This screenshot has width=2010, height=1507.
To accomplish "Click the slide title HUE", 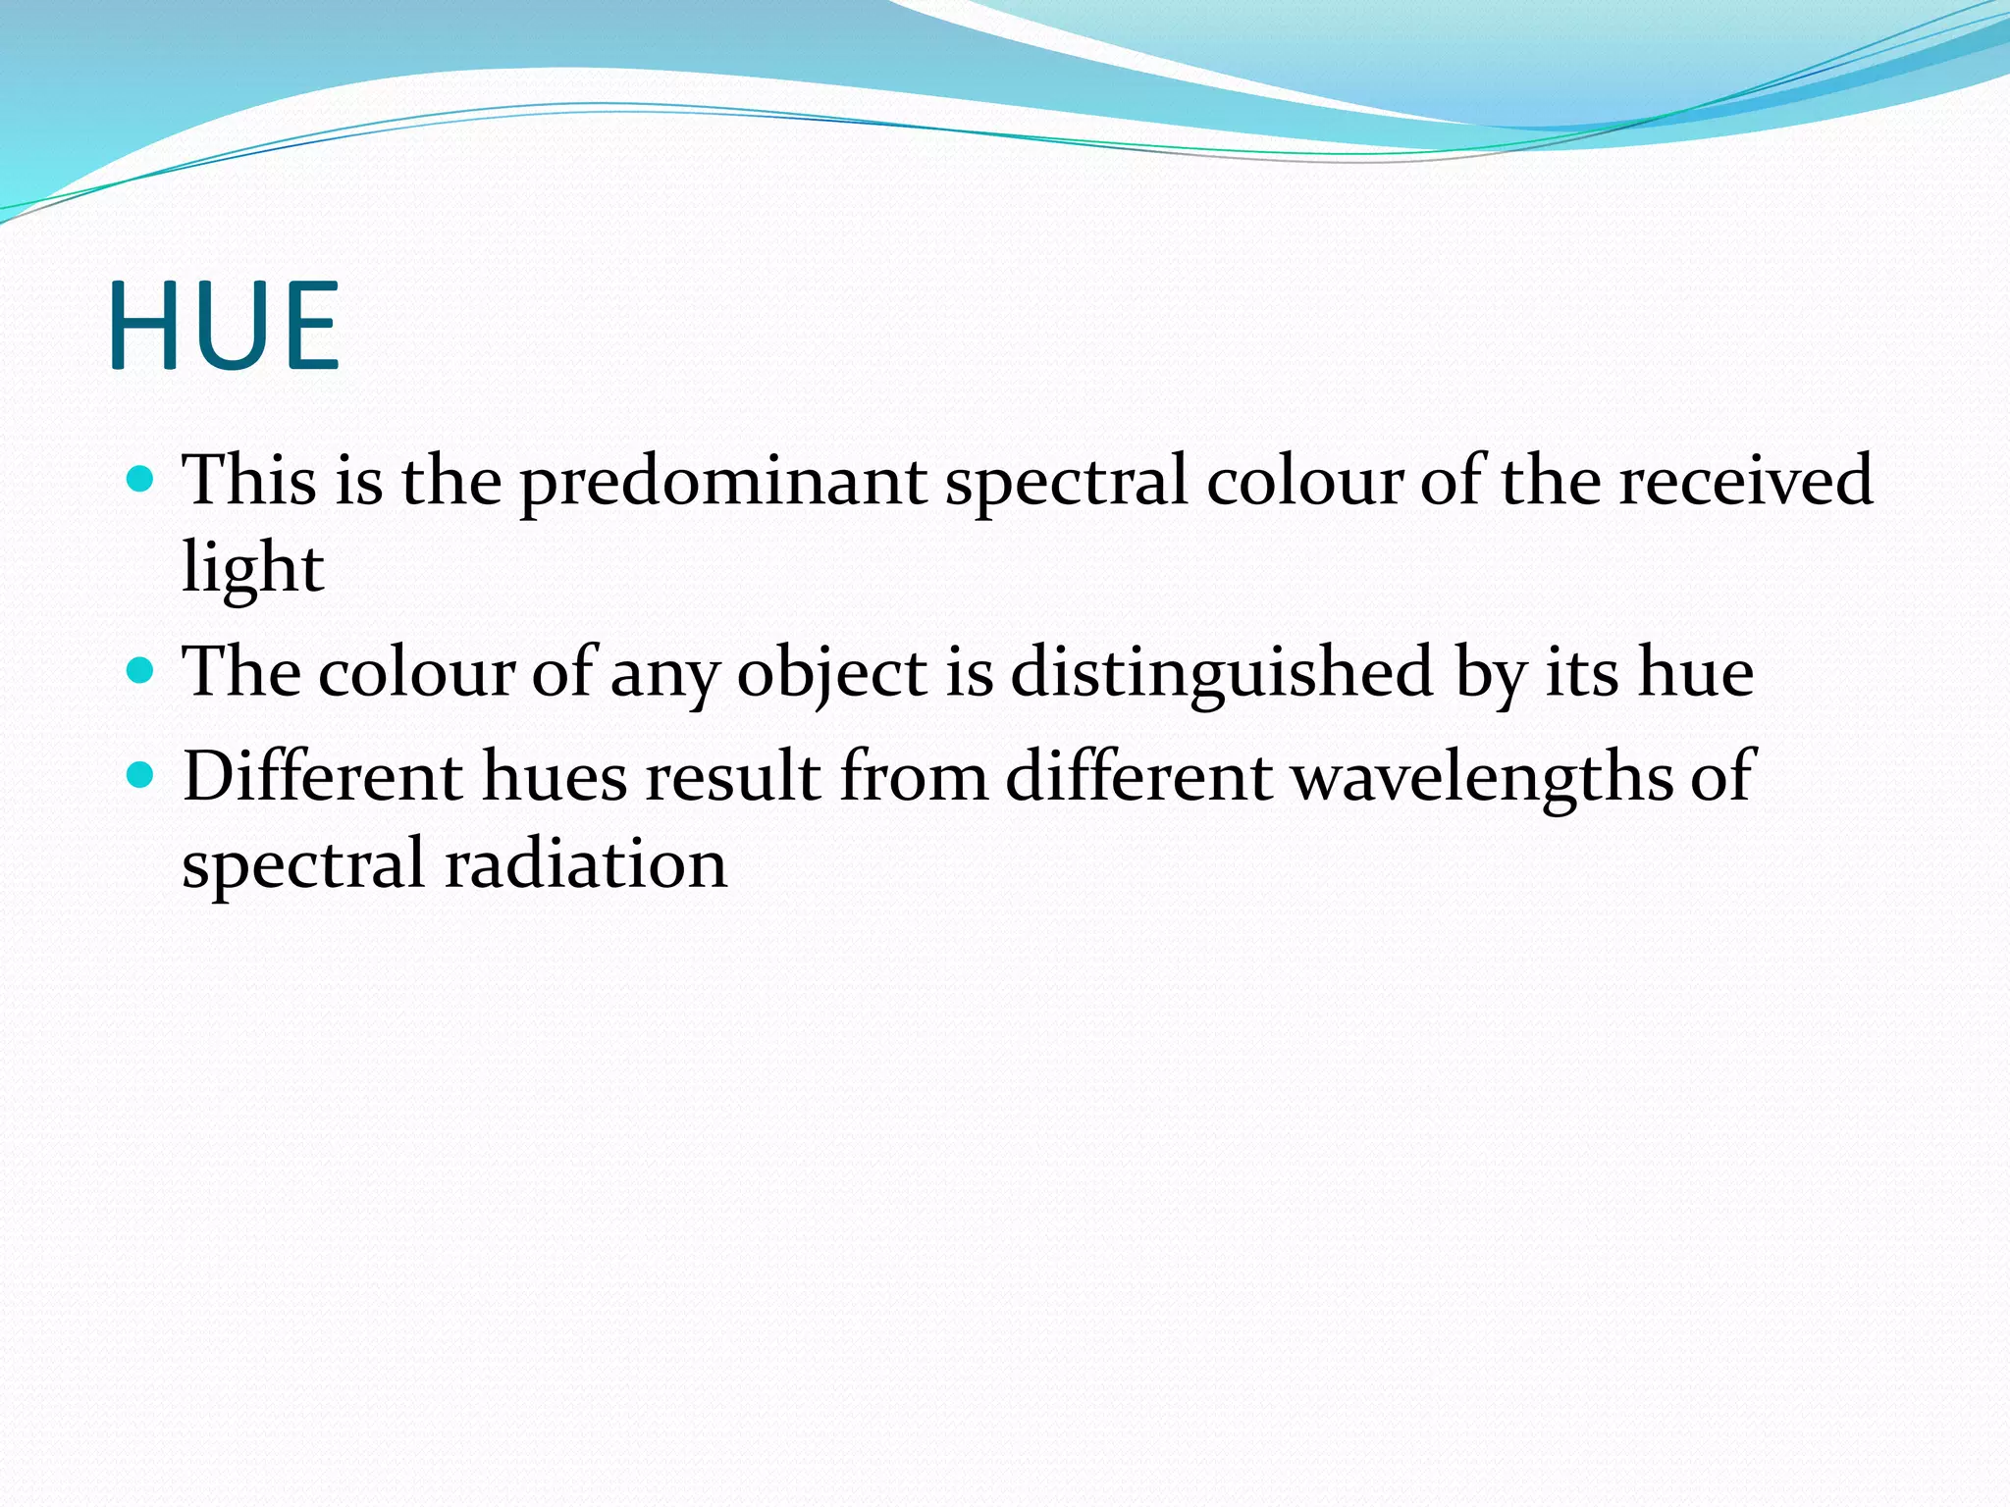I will coord(224,326).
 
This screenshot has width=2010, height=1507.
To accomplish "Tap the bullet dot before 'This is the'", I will coord(141,479).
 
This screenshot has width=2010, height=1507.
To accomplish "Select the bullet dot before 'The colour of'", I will coord(141,671).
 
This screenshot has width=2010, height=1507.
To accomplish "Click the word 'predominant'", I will coord(723,483).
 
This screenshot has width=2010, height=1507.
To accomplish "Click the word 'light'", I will coord(252,569).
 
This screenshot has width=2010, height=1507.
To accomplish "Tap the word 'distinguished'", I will coord(1222,675).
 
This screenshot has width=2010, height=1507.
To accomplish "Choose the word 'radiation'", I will coord(586,865).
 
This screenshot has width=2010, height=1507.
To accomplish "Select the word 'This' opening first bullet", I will coord(251,481).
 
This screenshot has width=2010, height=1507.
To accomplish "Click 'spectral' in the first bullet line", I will coord(1066,483).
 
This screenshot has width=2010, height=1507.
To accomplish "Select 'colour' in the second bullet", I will coord(416,675).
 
